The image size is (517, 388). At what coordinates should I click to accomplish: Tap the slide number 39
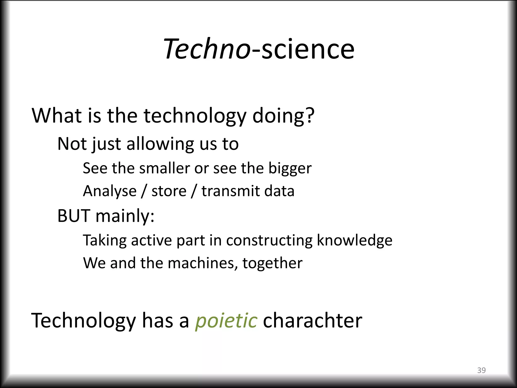click(481, 370)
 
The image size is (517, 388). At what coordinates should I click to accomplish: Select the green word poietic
click(226, 321)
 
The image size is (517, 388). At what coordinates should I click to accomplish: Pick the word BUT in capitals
click(74, 216)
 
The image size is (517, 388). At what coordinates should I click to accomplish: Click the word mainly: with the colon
click(125, 216)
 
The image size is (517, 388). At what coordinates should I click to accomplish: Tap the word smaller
click(164, 168)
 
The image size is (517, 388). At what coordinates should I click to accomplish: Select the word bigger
click(290, 169)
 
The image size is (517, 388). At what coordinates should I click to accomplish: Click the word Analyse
click(110, 191)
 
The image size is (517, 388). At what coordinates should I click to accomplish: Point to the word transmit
click(230, 191)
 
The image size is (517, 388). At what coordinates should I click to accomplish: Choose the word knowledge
click(354, 240)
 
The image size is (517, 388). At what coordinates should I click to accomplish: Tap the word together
click(272, 263)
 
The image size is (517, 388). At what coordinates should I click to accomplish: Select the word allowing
click(160, 144)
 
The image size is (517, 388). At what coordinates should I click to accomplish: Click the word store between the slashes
click(169, 191)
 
